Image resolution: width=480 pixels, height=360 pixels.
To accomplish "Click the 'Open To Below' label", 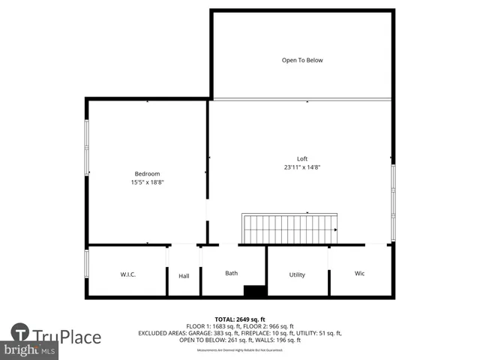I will [302, 60].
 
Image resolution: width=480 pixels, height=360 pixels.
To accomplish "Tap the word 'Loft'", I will [302, 158].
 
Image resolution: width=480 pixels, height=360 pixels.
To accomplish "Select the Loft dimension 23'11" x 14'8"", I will [302, 167].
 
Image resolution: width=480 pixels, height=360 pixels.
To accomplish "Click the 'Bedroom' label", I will [147, 174].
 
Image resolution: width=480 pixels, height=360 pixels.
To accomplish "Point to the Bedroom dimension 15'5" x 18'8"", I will [147, 182].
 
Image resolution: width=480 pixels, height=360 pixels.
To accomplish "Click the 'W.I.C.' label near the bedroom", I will [127, 274].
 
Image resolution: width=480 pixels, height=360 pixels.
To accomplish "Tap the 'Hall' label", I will [184, 275].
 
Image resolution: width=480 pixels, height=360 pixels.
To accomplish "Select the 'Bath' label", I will [232, 273].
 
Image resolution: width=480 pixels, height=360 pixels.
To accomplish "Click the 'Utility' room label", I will [297, 274].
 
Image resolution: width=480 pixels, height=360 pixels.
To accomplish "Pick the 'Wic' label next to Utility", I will [359, 274].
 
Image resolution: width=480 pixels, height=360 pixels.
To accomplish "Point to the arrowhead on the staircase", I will [335, 229].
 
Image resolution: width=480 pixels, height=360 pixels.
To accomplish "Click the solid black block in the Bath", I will [255, 291].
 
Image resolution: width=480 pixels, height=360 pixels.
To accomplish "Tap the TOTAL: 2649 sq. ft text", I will [240, 319].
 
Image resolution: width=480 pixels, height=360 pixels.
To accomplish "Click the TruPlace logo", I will [56, 336].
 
